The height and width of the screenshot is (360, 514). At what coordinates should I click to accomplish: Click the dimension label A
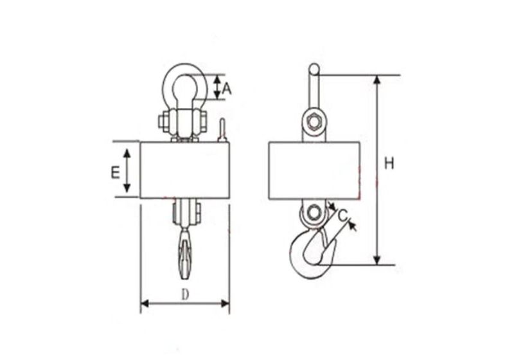226,88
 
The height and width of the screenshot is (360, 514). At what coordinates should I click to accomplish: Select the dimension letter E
114,172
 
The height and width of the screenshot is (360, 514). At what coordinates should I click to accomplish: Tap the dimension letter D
184,294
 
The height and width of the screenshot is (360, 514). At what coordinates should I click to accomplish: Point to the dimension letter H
389,164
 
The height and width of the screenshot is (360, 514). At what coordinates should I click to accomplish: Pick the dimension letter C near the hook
344,215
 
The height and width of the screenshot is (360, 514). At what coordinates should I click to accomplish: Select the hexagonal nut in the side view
314,122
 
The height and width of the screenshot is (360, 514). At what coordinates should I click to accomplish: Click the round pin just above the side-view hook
314,213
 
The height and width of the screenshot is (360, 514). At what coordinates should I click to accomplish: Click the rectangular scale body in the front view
184,170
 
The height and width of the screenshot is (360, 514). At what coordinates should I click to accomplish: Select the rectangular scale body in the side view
314,170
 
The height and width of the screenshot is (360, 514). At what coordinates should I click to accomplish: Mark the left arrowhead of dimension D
145,303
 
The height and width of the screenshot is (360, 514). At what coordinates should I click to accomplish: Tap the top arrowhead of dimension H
377,80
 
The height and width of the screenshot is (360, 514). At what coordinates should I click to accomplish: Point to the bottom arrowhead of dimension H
377,260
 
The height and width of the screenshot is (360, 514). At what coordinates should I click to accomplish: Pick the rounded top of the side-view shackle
314,67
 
